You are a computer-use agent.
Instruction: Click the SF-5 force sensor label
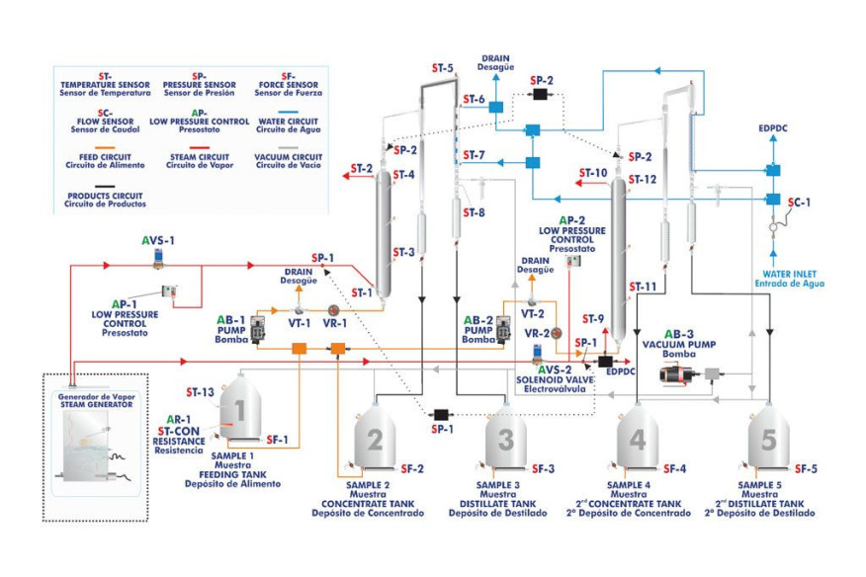pyautogui.click(x=806, y=468)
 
